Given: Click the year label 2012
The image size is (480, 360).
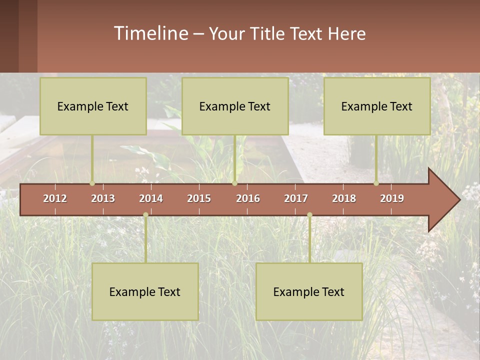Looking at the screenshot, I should point(55,198).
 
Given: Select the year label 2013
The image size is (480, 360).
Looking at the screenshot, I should point(103,198).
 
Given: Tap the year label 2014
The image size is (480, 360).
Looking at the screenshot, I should point(151,198).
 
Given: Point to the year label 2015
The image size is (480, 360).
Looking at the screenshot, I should point(199,198).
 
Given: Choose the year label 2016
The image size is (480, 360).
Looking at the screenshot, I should point(248,198).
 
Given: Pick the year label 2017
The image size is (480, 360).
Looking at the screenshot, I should point(296,198).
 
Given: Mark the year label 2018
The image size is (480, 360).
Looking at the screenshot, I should point(344,198).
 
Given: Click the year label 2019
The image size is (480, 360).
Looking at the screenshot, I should point(392,198).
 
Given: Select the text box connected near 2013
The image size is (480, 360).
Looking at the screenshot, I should point(93,106).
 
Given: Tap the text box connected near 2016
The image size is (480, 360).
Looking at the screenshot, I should point(235,106).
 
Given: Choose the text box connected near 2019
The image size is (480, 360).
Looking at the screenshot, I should point(377,106).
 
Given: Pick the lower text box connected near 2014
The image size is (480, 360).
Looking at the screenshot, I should point(145,291).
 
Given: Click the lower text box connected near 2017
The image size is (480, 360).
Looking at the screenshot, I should point(309,291).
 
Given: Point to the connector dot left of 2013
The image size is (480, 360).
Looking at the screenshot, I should point(92,183).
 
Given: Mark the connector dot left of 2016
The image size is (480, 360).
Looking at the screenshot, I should point(234,183).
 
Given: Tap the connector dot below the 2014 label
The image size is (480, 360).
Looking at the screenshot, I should point(145,214).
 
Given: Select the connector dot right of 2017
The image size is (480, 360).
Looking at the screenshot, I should point(309,214).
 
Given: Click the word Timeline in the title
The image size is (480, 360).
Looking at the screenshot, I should point(150,33).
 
